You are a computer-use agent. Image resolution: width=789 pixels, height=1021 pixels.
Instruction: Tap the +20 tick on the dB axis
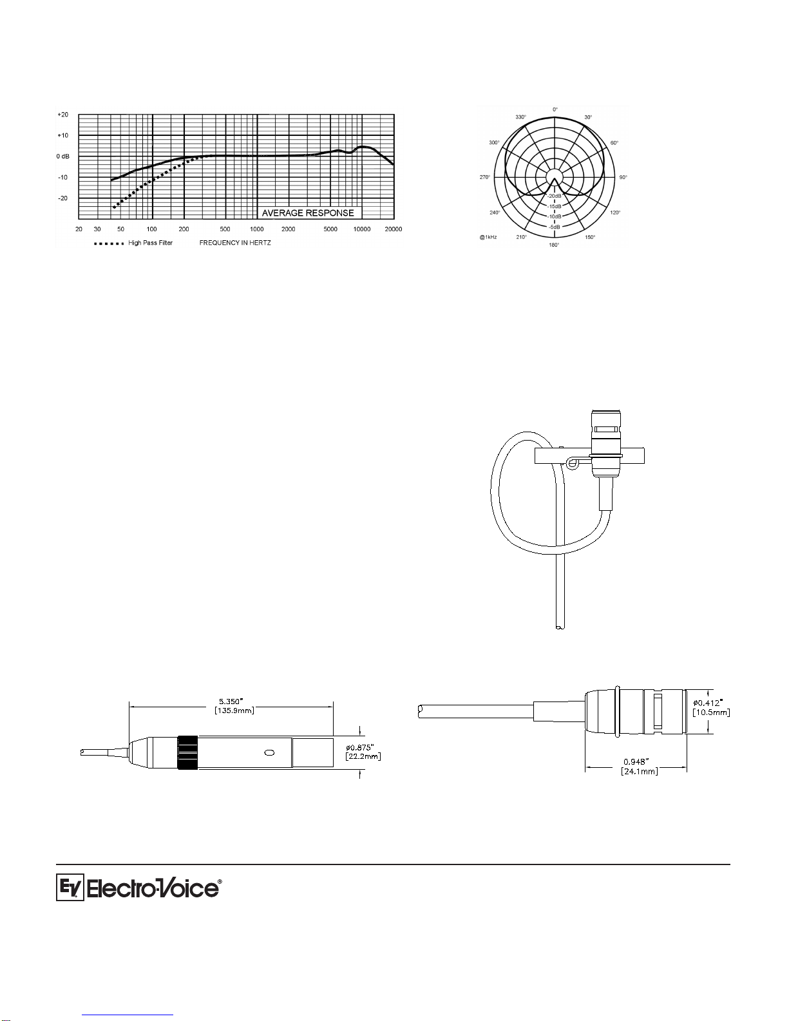tap(63, 115)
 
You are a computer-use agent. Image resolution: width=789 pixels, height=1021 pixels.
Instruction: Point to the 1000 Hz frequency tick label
tap(256, 229)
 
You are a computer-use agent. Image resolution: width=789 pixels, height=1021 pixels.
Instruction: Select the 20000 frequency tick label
tap(394, 229)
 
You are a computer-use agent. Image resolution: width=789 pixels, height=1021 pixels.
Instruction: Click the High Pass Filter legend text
tap(150, 243)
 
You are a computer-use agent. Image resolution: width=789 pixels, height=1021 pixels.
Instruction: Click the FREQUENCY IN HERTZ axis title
tap(235, 243)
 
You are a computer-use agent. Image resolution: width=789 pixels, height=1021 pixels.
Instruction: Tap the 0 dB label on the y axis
tap(63, 157)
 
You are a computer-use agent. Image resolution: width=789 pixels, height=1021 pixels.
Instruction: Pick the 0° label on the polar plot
tap(555, 110)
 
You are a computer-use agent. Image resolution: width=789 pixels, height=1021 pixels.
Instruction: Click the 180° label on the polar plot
tap(554, 245)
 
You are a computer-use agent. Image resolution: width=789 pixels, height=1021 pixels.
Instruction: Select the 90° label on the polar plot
tap(623, 178)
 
